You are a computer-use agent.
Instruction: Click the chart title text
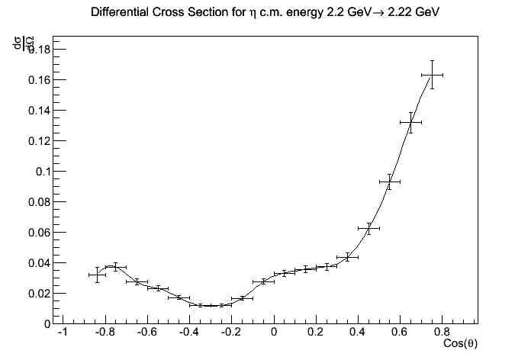click(265, 14)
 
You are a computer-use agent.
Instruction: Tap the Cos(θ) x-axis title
click(460, 344)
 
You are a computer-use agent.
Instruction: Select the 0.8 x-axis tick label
click(443, 333)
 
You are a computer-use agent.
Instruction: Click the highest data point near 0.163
click(432, 75)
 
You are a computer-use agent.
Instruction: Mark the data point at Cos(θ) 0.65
click(410, 122)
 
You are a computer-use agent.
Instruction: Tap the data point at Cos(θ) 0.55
click(390, 182)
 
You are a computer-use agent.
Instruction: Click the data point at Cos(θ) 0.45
click(368, 228)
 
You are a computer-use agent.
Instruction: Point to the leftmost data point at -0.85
click(97, 275)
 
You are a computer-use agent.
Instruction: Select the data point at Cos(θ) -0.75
click(116, 267)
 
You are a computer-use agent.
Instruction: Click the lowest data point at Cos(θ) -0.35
click(200, 305)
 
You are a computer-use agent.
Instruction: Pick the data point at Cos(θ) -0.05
click(263, 281)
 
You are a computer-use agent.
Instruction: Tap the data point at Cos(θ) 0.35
click(347, 257)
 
